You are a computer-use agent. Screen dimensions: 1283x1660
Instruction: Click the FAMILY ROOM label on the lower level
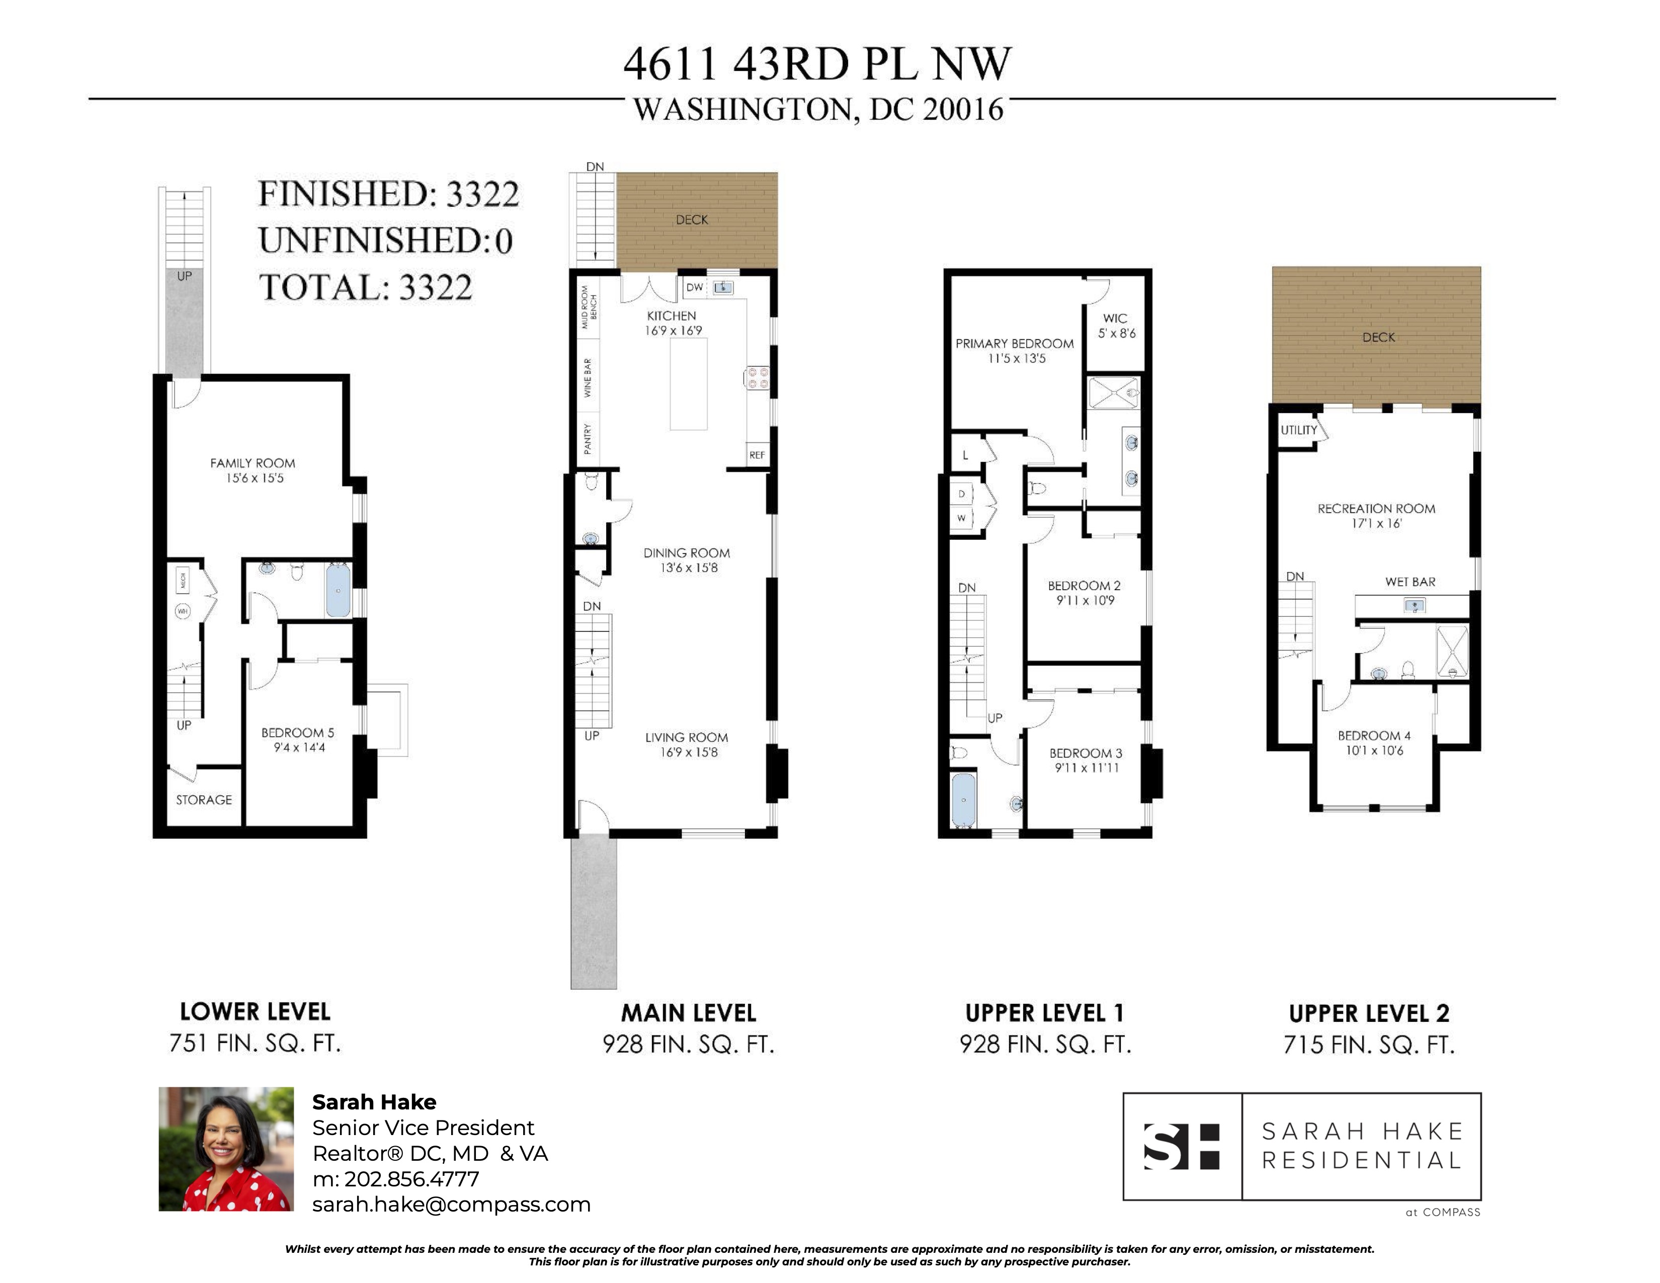253,463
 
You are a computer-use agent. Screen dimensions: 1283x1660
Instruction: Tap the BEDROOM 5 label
297,733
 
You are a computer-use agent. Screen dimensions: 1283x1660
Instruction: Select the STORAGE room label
204,799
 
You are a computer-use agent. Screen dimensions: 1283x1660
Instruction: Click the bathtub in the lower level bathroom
338,590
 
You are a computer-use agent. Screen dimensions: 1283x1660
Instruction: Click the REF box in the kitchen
757,454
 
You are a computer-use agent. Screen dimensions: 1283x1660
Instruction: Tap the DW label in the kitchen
695,287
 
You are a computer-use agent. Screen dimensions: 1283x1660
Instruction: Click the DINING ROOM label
686,552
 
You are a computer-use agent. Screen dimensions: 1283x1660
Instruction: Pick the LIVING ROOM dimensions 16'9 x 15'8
689,753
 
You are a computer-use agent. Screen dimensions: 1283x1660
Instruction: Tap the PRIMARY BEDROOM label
1014,344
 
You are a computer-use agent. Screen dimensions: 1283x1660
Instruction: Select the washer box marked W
961,518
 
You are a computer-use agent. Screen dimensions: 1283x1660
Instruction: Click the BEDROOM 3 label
1086,753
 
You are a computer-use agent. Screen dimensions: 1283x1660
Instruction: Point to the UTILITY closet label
1298,430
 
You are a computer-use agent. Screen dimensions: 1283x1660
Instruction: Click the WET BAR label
1410,582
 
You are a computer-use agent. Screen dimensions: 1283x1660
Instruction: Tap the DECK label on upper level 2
1378,338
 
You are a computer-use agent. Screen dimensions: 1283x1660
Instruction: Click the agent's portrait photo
226,1149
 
